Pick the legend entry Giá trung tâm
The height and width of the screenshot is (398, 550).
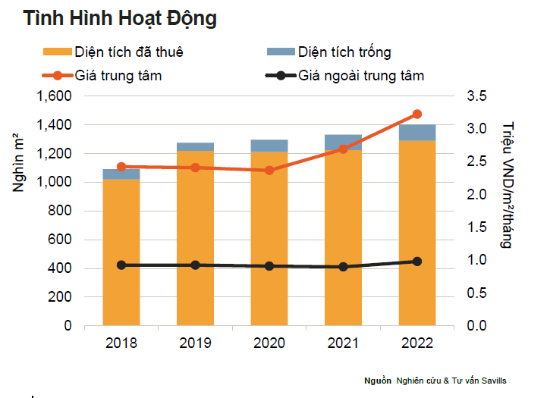click(118, 75)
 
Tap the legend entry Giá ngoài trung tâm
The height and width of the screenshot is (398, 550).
click(360, 75)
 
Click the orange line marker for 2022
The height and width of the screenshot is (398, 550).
click(416, 114)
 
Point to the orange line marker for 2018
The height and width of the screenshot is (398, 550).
click(121, 167)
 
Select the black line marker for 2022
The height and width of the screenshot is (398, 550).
click(416, 262)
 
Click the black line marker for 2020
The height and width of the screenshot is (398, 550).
click(269, 266)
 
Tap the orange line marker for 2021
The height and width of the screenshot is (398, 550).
click(343, 149)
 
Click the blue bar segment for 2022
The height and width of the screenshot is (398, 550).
click(416, 133)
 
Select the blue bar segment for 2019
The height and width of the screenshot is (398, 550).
click(195, 147)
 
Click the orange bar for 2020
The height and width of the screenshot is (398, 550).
click(269, 239)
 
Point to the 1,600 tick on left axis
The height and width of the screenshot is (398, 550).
click(54, 96)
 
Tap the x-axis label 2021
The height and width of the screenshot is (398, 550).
click(343, 343)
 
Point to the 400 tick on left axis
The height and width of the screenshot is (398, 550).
click(60, 268)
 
